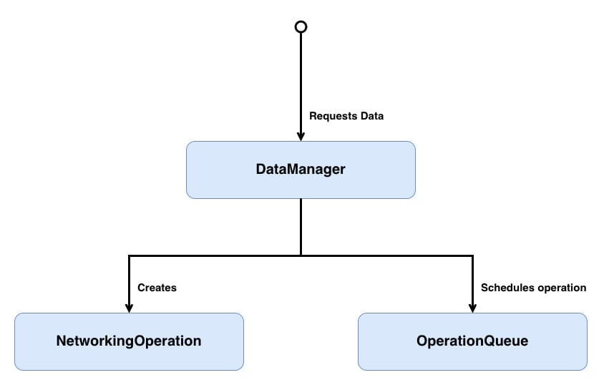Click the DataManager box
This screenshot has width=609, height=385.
[x=301, y=170]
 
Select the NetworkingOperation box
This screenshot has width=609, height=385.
[x=129, y=341]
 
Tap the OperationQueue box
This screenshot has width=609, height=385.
[x=472, y=341]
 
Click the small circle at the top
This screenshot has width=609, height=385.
[x=301, y=27]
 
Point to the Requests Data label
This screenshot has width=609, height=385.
[x=346, y=116]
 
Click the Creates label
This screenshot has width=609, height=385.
[x=157, y=288]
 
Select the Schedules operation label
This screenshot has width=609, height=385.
[x=533, y=288]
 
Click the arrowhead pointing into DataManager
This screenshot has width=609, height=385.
[x=301, y=136]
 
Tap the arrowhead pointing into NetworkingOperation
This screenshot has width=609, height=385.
[x=129, y=308]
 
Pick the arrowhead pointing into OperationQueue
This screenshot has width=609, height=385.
[x=472, y=308]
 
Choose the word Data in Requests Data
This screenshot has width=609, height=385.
[x=372, y=116]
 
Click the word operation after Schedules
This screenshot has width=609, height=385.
[x=561, y=288]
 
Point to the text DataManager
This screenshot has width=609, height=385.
[x=301, y=170]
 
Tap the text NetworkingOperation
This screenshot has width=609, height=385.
[x=129, y=341]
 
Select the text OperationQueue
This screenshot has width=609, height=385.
[x=472, y=341]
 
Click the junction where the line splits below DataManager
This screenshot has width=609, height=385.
[x=301, y=255]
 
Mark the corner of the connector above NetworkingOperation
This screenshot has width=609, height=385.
[x=129, y=255]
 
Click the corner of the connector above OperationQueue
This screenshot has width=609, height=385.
[x=472, y=255]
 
